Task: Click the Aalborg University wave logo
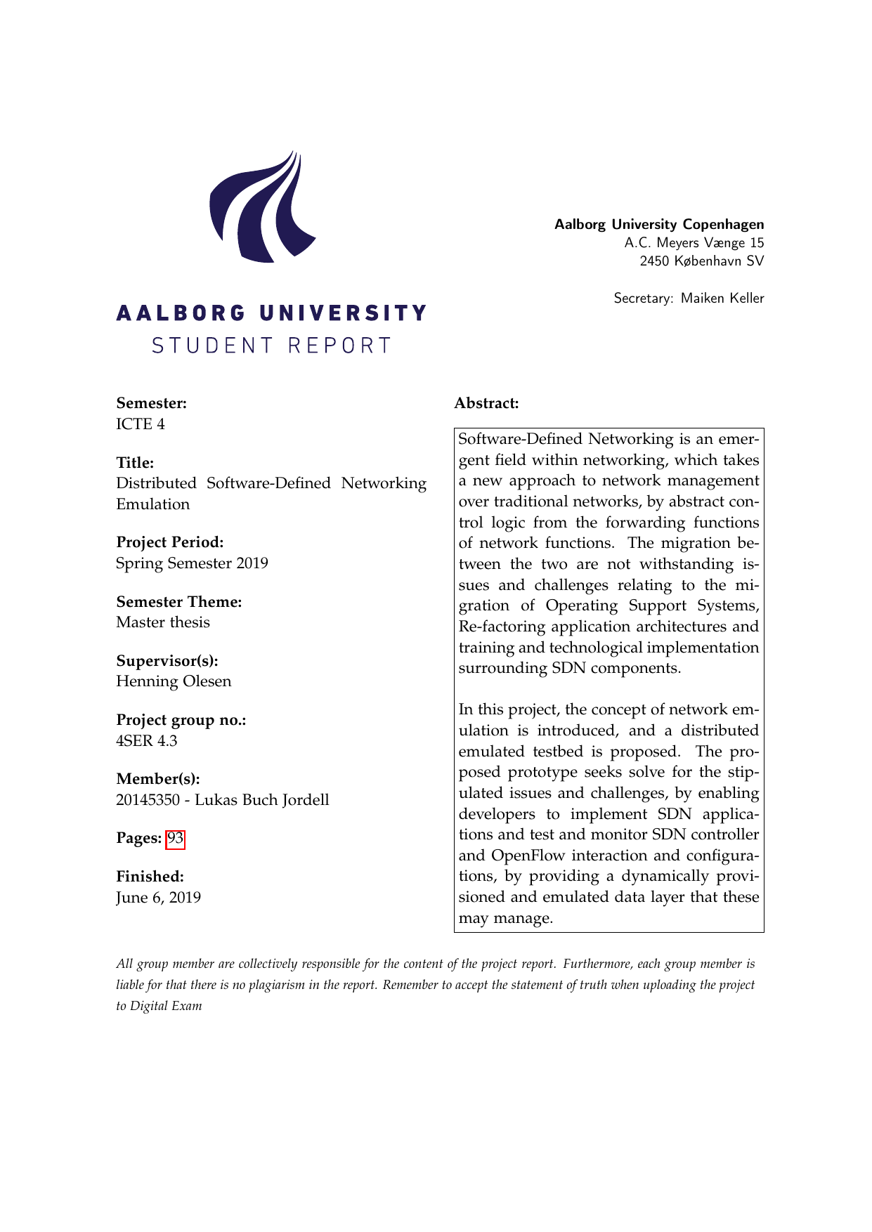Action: point(262,207)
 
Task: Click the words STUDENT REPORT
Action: point(271,346)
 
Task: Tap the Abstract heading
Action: point(486,403)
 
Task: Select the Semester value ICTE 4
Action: point(141,424)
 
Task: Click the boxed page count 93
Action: point(175,839)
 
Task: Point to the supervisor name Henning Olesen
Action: point(174,681)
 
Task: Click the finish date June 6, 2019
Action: point(158,898)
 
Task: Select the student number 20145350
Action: point(148,800)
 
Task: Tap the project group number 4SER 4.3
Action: point(147,741)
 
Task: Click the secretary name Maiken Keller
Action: point(722,299)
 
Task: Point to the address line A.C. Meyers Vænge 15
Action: point(694,243)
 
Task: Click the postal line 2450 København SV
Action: point(701,261)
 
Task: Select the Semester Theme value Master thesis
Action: point(163,622)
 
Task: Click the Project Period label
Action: point(170,542)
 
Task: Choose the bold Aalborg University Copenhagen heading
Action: point(659,225)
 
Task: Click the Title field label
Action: point(135,463)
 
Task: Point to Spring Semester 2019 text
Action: point(192,563)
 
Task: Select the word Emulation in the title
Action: point(153,504)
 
